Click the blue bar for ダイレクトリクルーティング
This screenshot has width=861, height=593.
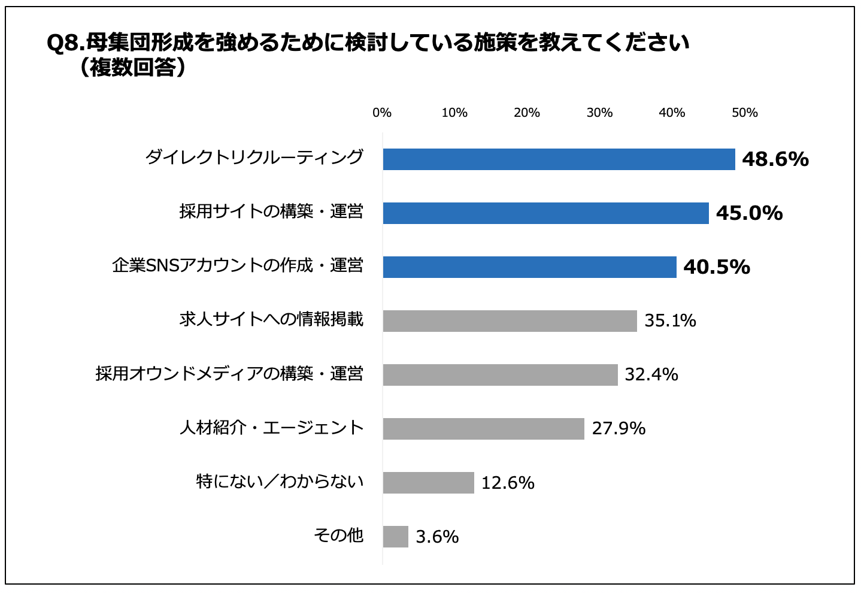[x=559, y=159]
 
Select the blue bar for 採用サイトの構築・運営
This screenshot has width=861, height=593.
[x=545, y=213]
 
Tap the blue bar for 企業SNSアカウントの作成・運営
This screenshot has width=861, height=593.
[x=529, y=267]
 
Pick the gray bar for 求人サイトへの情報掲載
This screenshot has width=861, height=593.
[x=510, y=321]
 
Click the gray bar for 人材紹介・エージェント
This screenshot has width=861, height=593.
[x=483, y=429]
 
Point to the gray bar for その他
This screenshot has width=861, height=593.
[x=395, y=537]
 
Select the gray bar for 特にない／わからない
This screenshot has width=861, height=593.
[x=428, y=483]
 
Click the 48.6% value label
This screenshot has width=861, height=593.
[x=775, y=159]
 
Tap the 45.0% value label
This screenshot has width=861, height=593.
[x=749, y=213]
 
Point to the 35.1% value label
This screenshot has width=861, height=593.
[x=670, y=321]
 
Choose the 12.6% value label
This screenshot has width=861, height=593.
[x=508, y=483]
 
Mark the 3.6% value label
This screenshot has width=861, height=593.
[x=437, y=537]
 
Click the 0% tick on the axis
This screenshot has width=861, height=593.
[x=382, y=113]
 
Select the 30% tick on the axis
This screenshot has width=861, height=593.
[x=599, y=113]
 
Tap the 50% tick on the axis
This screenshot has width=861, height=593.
[x=745, y=113]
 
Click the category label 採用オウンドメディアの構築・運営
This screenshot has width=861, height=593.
[x=229, y=374]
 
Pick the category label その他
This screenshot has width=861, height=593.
[x=338, y=535]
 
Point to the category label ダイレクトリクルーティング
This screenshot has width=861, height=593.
[x=254, y=158]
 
